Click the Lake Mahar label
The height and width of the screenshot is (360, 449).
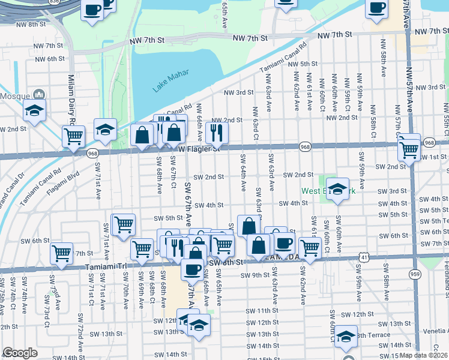pos(170,80)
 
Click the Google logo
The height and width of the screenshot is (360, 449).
pos(20,353)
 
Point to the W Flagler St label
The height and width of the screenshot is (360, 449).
pos(198,148)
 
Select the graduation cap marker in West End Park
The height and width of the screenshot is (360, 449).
pos(338,188)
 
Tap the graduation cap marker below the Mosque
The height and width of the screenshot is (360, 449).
pos(34,111)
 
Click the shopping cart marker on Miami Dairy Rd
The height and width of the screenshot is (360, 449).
pos(73,136)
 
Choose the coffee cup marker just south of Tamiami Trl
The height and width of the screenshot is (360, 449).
pos(192,269)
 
